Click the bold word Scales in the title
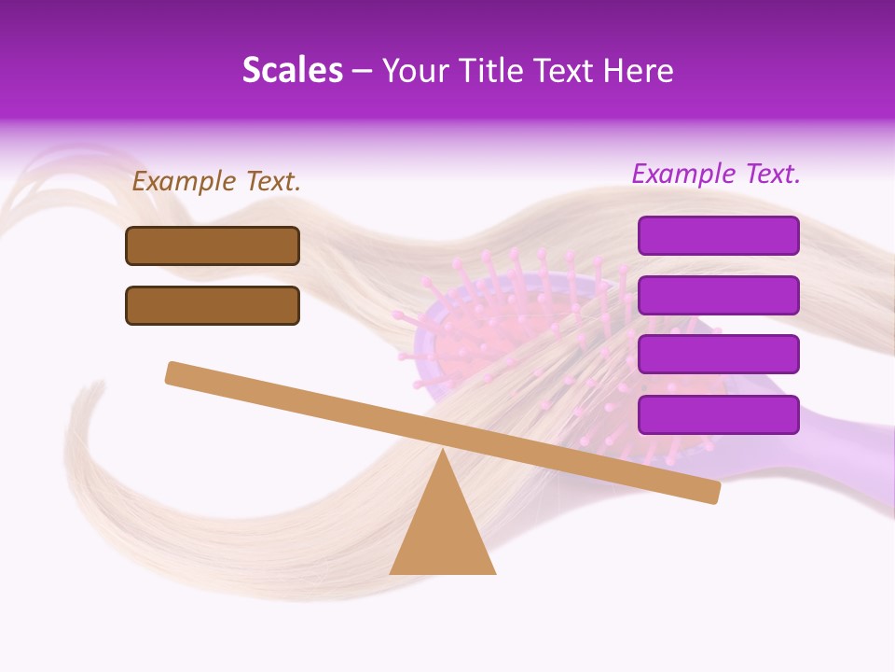[292, 71]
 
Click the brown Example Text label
[216, 182]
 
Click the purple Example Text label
[716, 174]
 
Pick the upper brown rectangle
[213, 245]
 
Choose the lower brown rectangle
[213, 305]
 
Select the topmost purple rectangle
[718, 235]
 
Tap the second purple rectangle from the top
[718, 295]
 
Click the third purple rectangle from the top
[718, 355]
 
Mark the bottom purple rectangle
[718, 414]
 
